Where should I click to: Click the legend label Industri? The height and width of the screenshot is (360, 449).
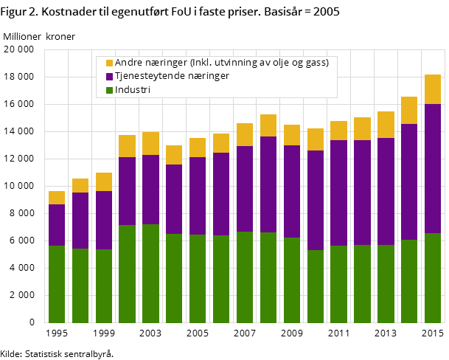coord(133,90)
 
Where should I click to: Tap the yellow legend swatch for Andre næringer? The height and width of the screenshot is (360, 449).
coord(110,63)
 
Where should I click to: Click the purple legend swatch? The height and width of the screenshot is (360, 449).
coord(110,77)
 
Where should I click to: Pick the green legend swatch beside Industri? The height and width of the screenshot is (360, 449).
coord(110,90)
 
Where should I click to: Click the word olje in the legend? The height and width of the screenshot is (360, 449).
coord(281,63)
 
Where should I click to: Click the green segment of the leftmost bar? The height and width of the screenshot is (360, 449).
coord(57,284)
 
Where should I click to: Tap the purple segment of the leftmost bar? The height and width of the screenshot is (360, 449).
coord(57,225)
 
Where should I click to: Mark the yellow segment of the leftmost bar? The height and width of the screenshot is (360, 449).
coord(57,198)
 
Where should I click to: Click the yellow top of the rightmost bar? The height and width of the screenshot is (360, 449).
coord(433,89)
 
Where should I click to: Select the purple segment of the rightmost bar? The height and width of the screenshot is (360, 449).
coord(433,168)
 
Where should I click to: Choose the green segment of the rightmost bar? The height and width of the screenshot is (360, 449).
coord(433,277)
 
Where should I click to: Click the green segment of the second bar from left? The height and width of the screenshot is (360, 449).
coord(80,285)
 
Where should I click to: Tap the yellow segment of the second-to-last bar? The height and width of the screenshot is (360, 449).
coord(409,111)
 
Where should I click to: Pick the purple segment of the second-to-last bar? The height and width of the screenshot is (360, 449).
coord(409,181)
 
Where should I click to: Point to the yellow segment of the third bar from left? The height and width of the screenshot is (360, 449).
coord(104,182)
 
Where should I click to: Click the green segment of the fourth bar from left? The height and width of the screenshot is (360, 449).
coord(127,274)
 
